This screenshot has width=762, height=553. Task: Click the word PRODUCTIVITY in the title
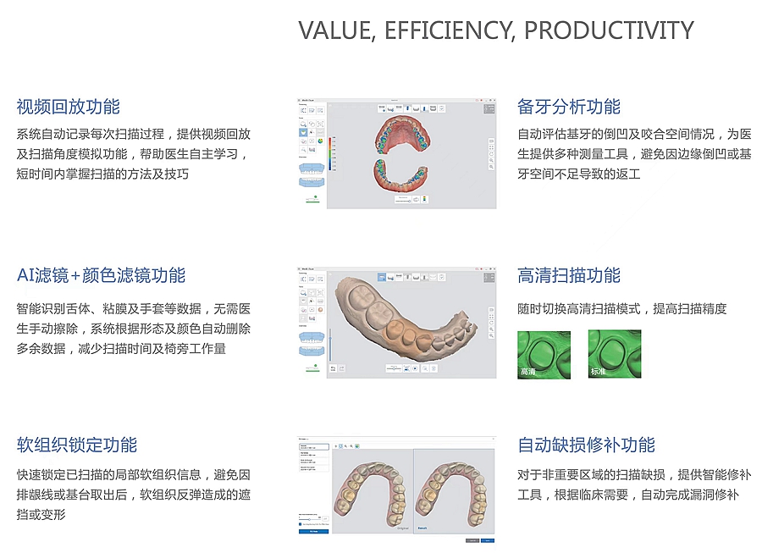(x=609, y=30)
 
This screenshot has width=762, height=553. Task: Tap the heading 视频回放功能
(x=68, y=107)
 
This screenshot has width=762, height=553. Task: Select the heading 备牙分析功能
(x=569, y=107)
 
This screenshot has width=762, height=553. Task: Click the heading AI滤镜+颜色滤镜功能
(x=101, y=276)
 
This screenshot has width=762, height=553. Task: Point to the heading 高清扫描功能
(x=569, y=276)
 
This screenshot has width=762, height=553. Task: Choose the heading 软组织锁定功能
(x=76, y=445)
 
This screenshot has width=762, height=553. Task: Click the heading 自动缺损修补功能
(x=586, y=445)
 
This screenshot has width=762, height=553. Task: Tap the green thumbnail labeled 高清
(x=544, y=353)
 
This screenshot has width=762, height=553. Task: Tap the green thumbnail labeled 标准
(x=615, y=353)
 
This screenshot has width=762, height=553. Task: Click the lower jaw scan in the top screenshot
(x=406, y=176)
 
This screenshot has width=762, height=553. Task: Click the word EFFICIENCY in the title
(x=450, y=30)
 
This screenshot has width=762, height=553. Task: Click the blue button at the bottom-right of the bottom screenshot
(x=488, y=539)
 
